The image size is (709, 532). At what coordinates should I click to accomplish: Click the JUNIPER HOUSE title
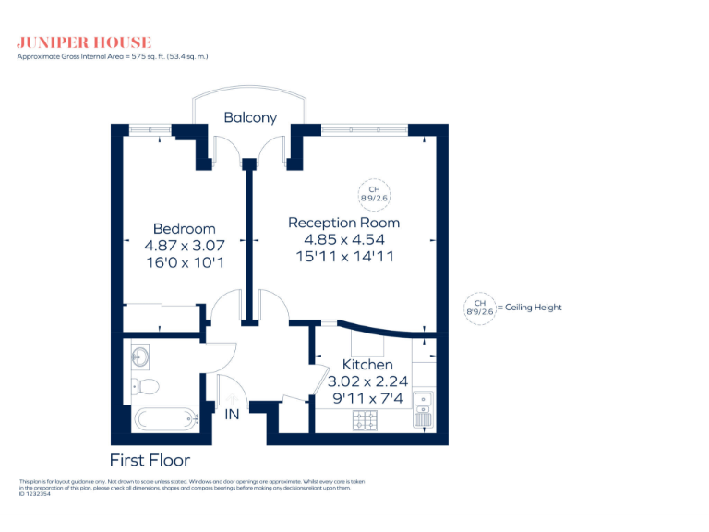click(84, 42)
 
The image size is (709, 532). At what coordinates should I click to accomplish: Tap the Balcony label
click(250, 117)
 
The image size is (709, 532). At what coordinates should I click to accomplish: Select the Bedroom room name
click(185, 228)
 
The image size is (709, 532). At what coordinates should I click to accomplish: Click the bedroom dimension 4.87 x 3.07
click(185, 246)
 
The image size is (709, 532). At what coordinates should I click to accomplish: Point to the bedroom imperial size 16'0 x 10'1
click(185, 262)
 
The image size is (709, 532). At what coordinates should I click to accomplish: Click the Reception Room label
click(343, 223)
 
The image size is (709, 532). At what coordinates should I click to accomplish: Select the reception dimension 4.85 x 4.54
click(343, 239)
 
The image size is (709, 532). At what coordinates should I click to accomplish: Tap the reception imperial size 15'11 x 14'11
click(343, 257)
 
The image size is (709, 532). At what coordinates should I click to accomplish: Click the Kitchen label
click(367, 365)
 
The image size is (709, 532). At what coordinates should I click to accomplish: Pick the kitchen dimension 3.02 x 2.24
click(367, 381)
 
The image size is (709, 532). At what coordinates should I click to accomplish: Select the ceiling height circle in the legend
click(480, 308)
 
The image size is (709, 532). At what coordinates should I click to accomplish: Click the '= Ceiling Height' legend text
click(529, 308)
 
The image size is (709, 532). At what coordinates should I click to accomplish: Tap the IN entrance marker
click(232, 415)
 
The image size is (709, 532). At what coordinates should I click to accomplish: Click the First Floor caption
click(150, 460)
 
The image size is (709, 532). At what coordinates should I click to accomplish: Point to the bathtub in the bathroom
click(166, 418)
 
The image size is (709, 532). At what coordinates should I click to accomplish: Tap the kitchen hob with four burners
click(364, 420)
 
